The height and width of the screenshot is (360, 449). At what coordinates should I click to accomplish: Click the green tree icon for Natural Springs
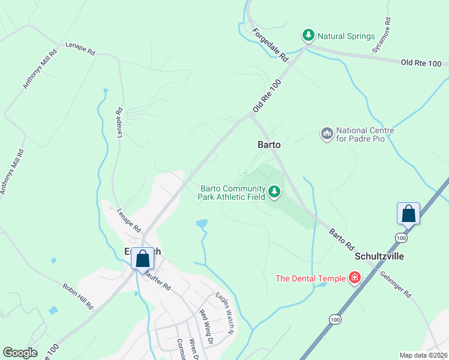309,36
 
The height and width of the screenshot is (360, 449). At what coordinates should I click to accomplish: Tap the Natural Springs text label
346,36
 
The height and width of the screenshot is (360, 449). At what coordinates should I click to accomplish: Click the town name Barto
269,145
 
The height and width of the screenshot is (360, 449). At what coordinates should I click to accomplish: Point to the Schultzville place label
379,256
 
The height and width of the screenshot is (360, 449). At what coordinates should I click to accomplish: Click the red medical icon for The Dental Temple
355,278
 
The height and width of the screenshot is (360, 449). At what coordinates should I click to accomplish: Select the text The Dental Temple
310,278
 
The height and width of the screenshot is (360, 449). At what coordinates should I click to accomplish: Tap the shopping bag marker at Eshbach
143,260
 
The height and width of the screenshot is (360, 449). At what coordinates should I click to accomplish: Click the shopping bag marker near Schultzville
408,214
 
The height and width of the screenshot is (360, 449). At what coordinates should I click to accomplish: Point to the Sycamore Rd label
381,35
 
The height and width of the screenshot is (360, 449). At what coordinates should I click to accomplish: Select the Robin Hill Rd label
78,296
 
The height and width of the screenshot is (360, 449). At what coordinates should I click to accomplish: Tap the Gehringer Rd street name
395,284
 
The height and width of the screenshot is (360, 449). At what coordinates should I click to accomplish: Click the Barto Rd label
340,238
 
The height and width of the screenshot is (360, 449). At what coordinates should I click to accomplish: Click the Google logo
20,353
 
